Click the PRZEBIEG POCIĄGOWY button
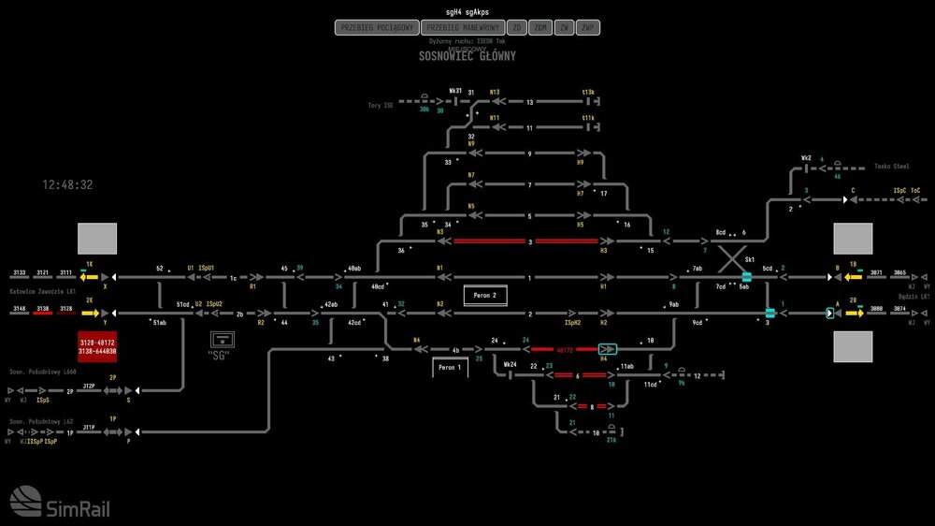pos(374,28)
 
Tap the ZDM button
pos(540,28)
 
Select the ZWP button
pos(587,28)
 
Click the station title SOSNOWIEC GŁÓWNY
pos(467,56)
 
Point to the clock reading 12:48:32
pos(67,185)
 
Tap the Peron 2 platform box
pos(485,295)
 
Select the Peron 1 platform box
pos(450,368)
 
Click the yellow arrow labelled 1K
pos(89,277)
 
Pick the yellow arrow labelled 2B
pos(854,313)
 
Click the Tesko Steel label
pos(891,167)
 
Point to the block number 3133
pos(21,272)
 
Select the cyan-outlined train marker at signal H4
pos(608,349)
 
